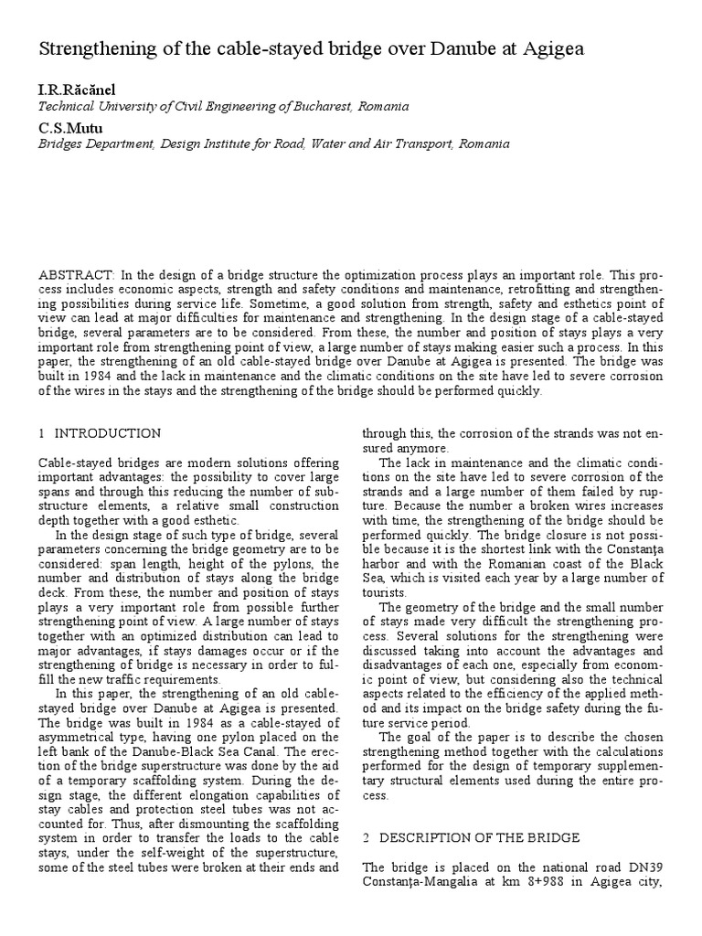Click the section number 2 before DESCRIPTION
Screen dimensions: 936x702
point(367,838)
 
